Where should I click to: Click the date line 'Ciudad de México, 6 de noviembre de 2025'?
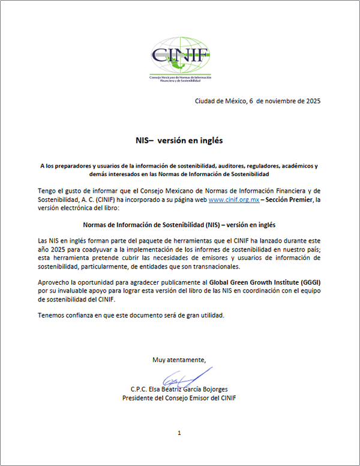pyautogui.click(x=257, y=101)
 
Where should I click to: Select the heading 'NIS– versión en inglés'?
pyautogui.click(x=179, y=141)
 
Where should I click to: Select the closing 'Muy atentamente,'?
pyautogui.click(x=179, y=360)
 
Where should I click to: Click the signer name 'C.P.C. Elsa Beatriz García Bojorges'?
pyautogui.click(x=179, y=389)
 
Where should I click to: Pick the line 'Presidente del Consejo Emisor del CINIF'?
pyautogui.click(x=179, y=398)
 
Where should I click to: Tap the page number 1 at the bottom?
pyautogui.click(x=179, y=432)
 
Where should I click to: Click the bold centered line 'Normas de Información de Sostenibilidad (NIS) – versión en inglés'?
pyautogui.click(x=179, y=224)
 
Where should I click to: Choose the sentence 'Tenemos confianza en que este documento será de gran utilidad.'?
pyautogui.click(x=131, y=315)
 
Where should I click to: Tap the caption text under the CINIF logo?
pyautogui.click(x=180, y=80)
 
